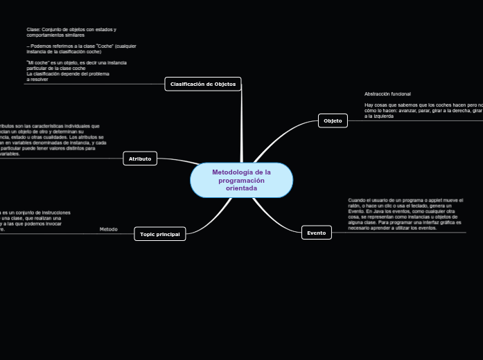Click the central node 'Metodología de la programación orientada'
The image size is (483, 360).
click(x=241, y=180)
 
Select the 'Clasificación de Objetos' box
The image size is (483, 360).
click(x=203, y=84)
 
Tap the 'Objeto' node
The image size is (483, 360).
click(x=333, y=120)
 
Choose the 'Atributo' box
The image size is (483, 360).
click(x=139, y=159)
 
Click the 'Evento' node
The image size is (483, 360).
click(x=316, y=233)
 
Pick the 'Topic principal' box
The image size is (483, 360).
click(x=159, y=234)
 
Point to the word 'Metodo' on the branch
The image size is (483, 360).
click(x=109, y=229)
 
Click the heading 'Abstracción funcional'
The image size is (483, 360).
click(x=387, y=93)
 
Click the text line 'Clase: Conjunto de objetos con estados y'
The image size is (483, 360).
click(x=71, y=30)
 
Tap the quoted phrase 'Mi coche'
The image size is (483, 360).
click(x=36, y=62)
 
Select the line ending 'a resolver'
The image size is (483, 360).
click(x=37, y=79)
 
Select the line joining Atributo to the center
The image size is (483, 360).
click(x=177, y=161)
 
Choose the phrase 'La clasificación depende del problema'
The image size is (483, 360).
click(x=67, y=73)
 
